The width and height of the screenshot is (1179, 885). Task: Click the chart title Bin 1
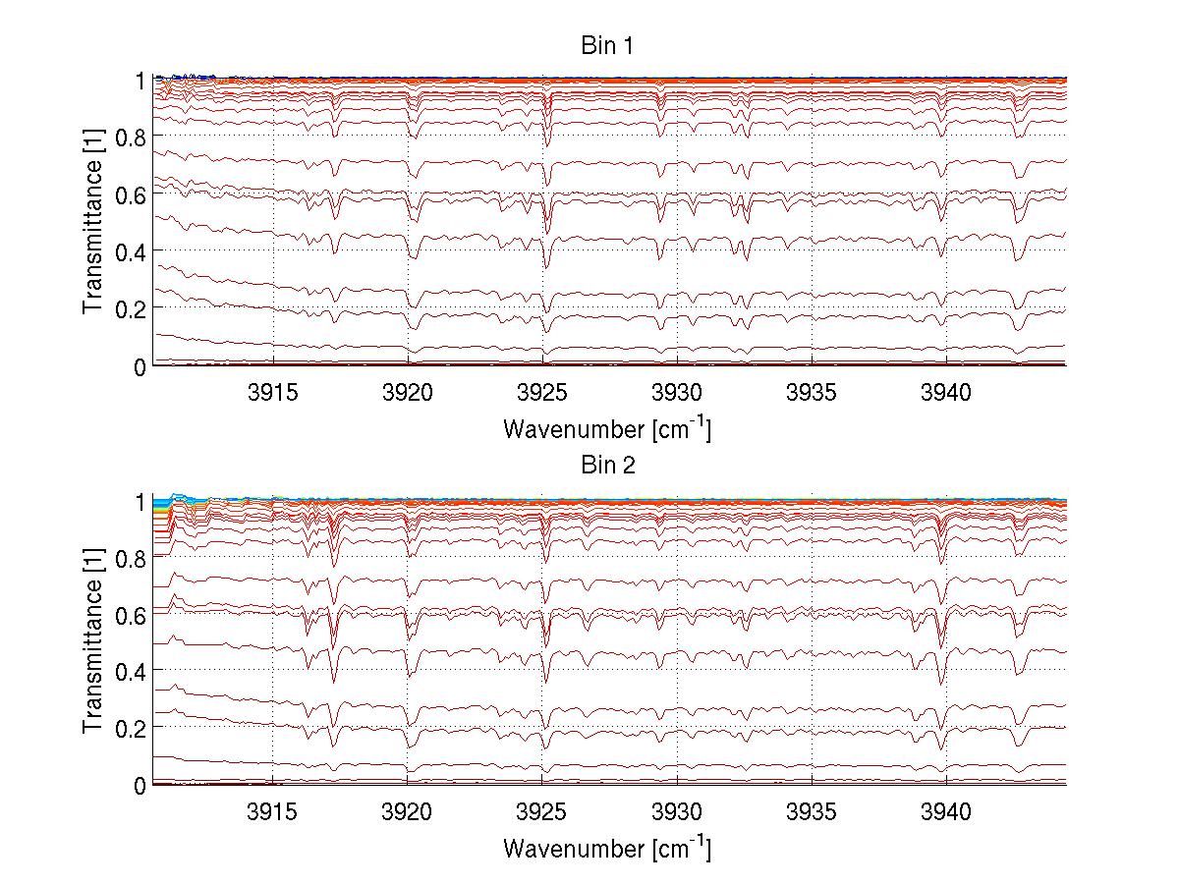(x=606, y=46)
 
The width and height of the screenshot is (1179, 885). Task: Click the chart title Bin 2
(x=606, y=466)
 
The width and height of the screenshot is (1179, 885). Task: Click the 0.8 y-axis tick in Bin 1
(x=133, y=137)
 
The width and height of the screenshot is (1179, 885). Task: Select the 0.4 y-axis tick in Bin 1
(x=133, y=251)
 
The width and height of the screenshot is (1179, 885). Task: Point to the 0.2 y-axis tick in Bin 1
(x=133, y=308)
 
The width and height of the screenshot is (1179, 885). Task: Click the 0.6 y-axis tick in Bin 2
(x=133, y=614)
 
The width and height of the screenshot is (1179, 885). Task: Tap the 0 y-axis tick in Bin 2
(x=141, y=785)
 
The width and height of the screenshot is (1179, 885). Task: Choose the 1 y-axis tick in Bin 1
(x=141, y=80)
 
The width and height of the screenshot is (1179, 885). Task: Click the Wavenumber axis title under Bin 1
(x=606, y=428)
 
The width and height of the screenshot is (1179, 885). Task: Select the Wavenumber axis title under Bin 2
(x=606, y=848)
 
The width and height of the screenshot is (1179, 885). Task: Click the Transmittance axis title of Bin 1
(x=93, y=222)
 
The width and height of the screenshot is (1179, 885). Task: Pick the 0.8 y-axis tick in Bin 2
(x=133, y=557)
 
